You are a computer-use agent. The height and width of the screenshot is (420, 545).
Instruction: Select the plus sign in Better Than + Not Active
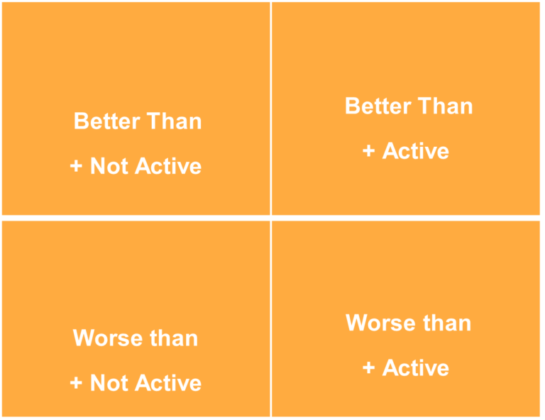77,166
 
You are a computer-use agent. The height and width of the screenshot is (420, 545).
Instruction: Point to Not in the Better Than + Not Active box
109,166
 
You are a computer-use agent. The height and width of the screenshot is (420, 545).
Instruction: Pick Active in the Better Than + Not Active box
167,166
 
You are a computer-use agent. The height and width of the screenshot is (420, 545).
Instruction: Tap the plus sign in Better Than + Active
369,151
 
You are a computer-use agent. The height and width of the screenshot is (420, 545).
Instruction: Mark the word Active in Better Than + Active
416,151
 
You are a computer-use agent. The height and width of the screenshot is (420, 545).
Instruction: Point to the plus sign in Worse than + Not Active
77,383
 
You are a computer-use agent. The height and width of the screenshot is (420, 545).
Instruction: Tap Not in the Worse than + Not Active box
109,383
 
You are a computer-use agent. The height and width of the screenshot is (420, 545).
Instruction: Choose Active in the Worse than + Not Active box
167,383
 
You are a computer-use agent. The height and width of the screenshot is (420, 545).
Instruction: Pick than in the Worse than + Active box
444,323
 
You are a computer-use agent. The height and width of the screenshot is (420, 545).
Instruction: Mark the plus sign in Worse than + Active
369,367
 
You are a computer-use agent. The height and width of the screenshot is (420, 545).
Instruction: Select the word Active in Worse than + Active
416,367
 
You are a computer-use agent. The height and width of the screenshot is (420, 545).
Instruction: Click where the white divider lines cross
270,217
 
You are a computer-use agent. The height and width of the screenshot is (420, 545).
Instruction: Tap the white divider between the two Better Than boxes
270,106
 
